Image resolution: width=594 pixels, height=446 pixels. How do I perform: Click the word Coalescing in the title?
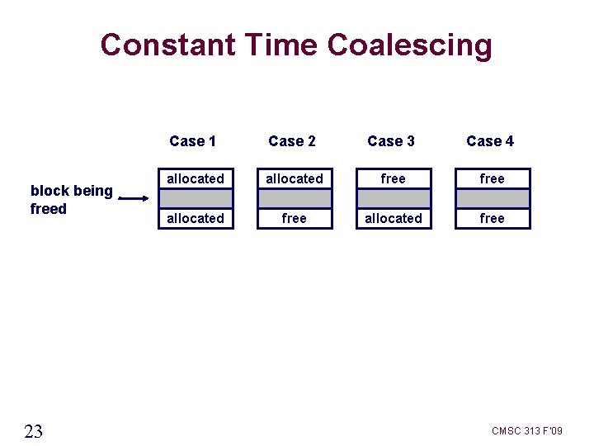(409, 45)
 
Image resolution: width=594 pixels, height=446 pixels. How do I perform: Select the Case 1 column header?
(192, 141)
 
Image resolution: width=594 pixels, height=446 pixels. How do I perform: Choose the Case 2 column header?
(292, 141)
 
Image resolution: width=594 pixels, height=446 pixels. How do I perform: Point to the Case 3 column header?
(391, 141)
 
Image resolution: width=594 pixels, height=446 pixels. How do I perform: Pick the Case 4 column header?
(490, 141)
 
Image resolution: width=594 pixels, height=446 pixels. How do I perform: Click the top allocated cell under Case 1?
(196, 178)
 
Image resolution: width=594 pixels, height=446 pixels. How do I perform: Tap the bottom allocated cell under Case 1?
(196, 218)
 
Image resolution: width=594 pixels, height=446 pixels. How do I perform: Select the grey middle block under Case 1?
(196, 198)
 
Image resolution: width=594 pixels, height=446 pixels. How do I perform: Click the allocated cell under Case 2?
(295, 178)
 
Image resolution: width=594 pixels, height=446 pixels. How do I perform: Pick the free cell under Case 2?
(295, 218)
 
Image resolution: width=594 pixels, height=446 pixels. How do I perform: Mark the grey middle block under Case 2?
(295, 198)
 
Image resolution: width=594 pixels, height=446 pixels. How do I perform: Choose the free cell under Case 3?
(394, 178)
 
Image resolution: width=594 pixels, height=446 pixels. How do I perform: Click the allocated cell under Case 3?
(394, 218)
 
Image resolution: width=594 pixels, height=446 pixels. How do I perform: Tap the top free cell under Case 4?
(493, 178)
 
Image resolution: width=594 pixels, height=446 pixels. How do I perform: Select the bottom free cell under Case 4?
(493, 218)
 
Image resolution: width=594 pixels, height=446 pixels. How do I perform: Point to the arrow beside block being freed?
(134, 198)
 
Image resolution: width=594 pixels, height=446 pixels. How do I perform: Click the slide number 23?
(34, 431)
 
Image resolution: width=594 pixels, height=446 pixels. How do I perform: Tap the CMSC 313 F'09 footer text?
(527, 431)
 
